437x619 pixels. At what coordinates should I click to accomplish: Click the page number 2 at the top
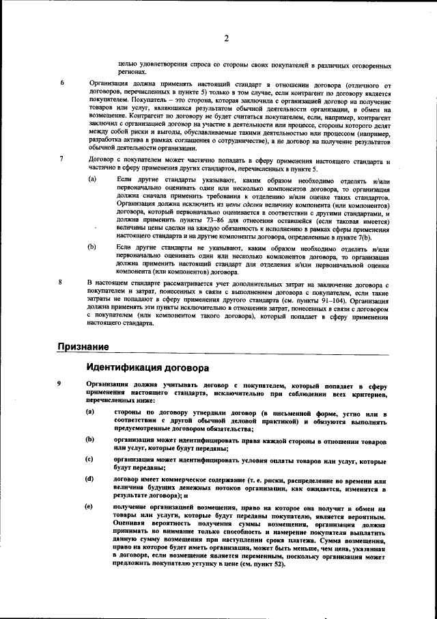[x=225, y=39]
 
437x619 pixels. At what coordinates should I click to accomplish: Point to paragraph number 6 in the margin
[x=62, y=83]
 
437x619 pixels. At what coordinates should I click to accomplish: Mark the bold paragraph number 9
[x=62, y=384]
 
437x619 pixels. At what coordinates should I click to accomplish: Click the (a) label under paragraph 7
[x=92, y=179]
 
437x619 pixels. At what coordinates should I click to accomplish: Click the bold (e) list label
[x=89, y=506]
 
